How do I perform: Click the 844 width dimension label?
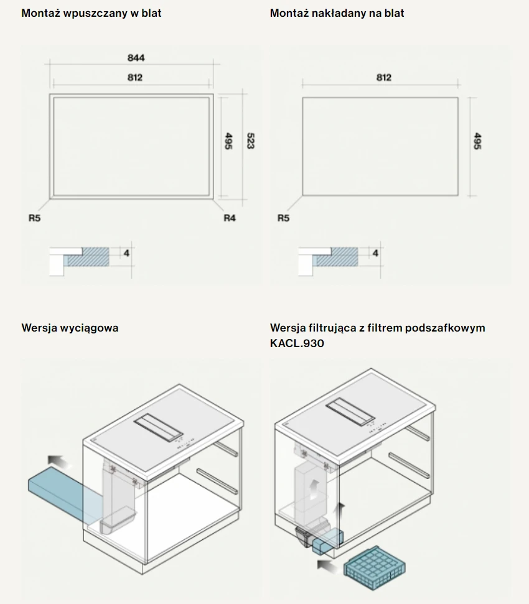coord(136,58)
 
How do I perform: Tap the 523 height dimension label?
coord(250,141)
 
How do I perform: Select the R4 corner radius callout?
coord(230,218)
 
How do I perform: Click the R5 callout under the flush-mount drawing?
coord(34,218)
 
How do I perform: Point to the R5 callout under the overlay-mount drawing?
coord(283,218)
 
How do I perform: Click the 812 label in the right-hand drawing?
coord(384,77)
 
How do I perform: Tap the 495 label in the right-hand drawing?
coord(477,141)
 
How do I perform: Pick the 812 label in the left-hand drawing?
coord(135,77)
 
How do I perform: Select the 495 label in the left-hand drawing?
coord(228,141)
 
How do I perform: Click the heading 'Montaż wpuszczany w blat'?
coord(91,13)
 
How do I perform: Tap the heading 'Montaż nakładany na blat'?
coord(337,13)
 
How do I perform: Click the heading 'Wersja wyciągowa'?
coord(70,328)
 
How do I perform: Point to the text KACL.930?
coord(297,343)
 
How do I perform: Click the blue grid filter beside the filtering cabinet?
coord(375,568)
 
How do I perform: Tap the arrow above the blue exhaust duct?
coord(60,462)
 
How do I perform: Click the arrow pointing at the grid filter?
coord(329,567)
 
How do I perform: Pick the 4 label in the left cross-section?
coord(126,253)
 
